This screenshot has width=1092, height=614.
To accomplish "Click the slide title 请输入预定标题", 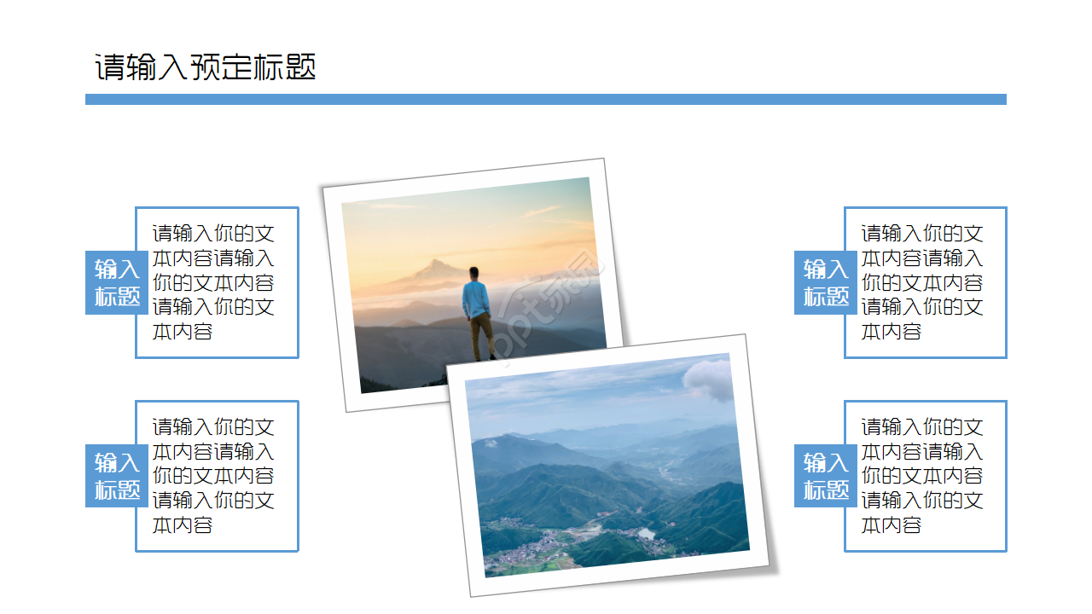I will [x=206, y=67].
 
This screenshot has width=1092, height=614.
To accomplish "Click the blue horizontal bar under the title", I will [x=546, y=100].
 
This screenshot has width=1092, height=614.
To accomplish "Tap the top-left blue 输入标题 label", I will [x=117, y=283].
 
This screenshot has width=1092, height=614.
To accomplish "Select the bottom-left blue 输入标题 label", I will [x=117, y=477].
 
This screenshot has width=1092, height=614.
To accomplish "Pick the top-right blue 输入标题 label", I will [x=826, y=283].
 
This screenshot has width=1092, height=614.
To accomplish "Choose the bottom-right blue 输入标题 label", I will [x=826, y=477].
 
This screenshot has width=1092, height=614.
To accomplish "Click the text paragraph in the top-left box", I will [x=213, y=282].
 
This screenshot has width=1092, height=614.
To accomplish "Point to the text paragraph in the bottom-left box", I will [x=213, y=476].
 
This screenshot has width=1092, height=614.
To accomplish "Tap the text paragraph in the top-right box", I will [x=921, y=282].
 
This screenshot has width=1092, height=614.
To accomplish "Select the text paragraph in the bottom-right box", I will [x=921, y=476].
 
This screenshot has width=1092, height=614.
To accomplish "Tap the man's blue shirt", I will [x=476, y=298].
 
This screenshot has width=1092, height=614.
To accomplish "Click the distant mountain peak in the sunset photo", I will [x=435, y=267].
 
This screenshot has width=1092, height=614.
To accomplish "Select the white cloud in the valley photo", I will [x=710, y=379].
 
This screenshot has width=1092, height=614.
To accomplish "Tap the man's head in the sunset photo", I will [x=474, y=274].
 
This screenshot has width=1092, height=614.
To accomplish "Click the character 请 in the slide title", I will [x=108, y=67].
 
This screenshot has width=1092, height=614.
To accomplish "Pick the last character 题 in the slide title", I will [x=302, y=67].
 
